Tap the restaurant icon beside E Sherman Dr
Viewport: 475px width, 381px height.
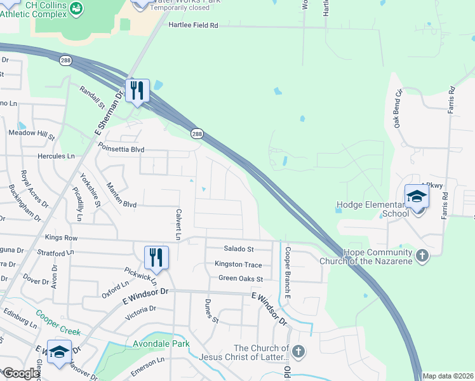click(x=137, y=91)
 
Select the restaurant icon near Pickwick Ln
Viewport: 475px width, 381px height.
click(x=156, y=258)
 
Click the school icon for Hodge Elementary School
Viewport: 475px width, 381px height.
click(x=417, y=196)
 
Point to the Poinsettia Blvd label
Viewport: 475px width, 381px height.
click(x=121, y=150)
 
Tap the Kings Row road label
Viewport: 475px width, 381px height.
click(x=61, y=237)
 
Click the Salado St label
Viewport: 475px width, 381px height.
click(x=238, y=249)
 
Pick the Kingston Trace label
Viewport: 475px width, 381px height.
click(x=238, y=264)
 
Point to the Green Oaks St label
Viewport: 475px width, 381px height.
click(x=240, y=278)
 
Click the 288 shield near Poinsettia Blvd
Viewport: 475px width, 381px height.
click(x=197, y=133)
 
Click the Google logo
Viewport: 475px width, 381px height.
click(x=20, y=373)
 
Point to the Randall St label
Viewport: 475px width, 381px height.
click(x=92, y=97)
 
